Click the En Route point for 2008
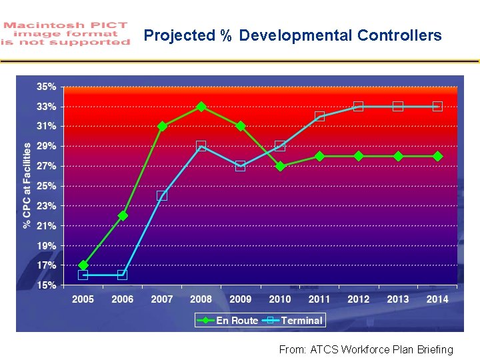click(201, 107)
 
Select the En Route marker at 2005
click(83, 265)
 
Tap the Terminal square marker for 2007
click(162, 196)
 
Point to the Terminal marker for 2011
click(319, 117)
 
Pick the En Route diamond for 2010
click(280, 166)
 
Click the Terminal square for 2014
click(437, 107)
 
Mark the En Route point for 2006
click(123, 215)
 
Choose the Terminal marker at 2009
click(241, 166)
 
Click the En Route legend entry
click(229, 321)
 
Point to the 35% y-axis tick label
click(46, 87)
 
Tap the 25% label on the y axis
click(46, 186)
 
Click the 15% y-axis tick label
click(46, 285)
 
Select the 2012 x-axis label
click(359, 299)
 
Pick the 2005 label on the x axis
click(83, 299)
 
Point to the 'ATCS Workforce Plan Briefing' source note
click(366, 349)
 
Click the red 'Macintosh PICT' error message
click(66, 33)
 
